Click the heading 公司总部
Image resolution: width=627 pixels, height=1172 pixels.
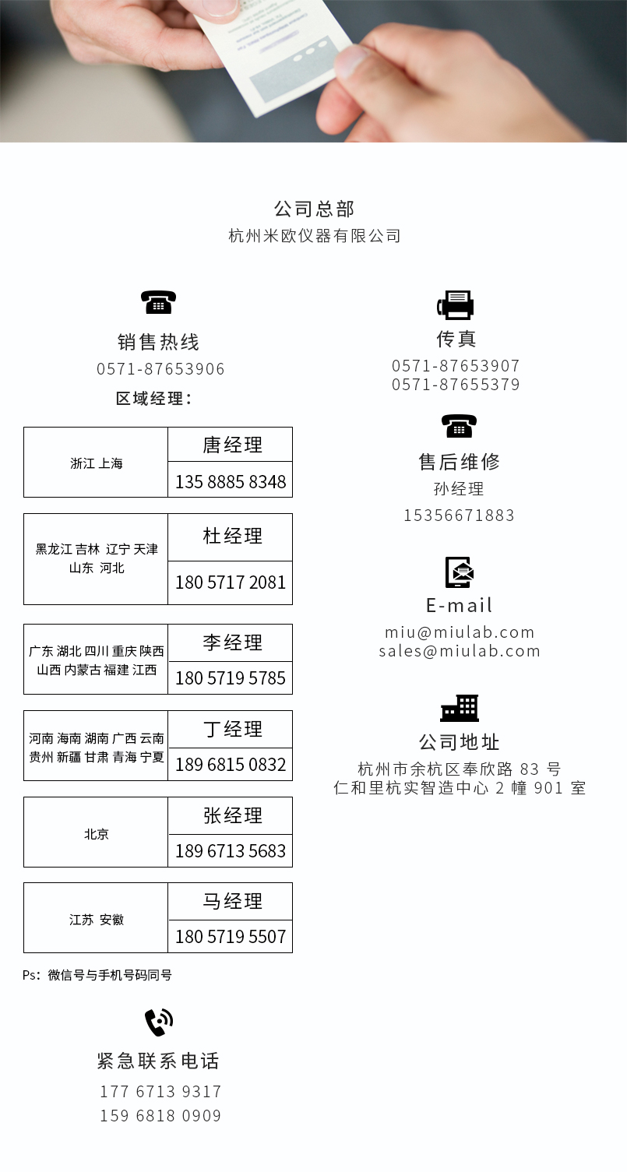[314, 209]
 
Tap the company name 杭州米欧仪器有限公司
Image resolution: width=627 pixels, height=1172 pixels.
[315, 236]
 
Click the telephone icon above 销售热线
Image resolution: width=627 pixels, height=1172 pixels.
[159, 302]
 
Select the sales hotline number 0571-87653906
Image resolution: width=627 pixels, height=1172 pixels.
[160, 369]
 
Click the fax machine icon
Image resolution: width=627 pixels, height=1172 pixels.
[456, 304]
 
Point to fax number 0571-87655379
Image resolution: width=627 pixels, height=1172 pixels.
[456, 385]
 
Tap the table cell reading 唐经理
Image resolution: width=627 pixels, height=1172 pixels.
[231, 445]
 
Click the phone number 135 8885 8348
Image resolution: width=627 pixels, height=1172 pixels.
[231, 481]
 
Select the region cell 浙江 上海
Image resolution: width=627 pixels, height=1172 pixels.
[96, 463]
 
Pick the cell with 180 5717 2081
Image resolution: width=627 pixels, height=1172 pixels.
[231, 582]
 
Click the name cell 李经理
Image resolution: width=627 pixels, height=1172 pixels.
[231, 642]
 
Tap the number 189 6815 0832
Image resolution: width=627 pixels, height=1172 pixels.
[231, 765]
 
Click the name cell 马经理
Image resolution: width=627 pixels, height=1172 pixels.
[231, 901]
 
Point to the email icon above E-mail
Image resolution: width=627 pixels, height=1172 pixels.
[459, 572]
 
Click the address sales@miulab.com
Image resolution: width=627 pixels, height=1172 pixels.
[460, 651]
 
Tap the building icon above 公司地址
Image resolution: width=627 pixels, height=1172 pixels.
[460, 708]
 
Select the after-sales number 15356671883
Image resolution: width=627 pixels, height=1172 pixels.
[459, 516]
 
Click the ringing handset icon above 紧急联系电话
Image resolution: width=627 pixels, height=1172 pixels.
[159, 1022]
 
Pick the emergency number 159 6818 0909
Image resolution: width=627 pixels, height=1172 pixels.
[160, 1115]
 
